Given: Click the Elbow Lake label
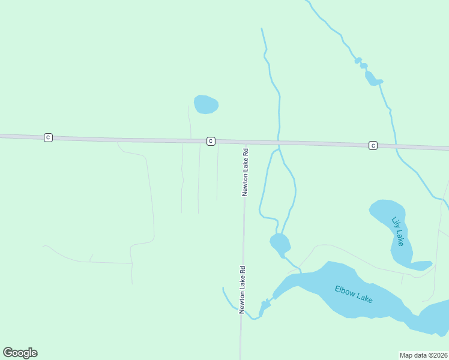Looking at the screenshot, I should (x=354, y=293).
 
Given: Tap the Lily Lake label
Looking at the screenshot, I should (x=398, y=231).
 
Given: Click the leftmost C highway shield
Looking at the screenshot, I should (x=48, y=137).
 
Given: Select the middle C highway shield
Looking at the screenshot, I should (x=211, y=140).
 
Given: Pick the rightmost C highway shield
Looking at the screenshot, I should (x=373, y=145).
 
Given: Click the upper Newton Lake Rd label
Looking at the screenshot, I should (x=245, y=172).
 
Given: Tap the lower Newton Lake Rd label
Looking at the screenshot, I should (x=243, y=290).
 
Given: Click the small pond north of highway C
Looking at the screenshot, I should (x=206, y=104).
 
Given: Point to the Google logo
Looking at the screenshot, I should (x=20, y=353).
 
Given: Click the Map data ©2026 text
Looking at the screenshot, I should (x=423, y=355).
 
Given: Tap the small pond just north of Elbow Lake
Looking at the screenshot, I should (x=280, y=244).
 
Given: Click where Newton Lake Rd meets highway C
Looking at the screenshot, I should (x=246, y=142).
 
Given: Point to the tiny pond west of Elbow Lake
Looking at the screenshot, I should (x=264, y=307).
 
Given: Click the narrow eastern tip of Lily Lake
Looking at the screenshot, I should (x=423, y=265).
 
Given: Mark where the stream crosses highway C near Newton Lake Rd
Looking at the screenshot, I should (x=279, y=143).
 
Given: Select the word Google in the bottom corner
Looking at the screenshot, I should (x=20, y=353).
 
